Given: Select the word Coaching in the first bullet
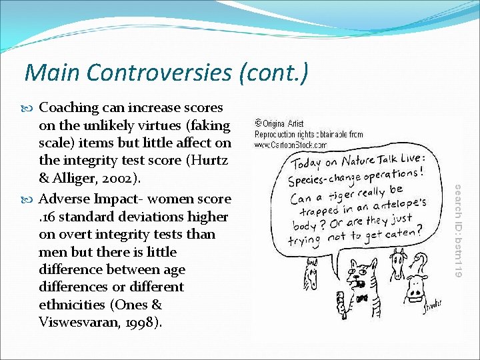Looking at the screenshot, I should (x=69, y=107).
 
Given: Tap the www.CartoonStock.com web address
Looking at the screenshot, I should (x=290, y=144).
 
